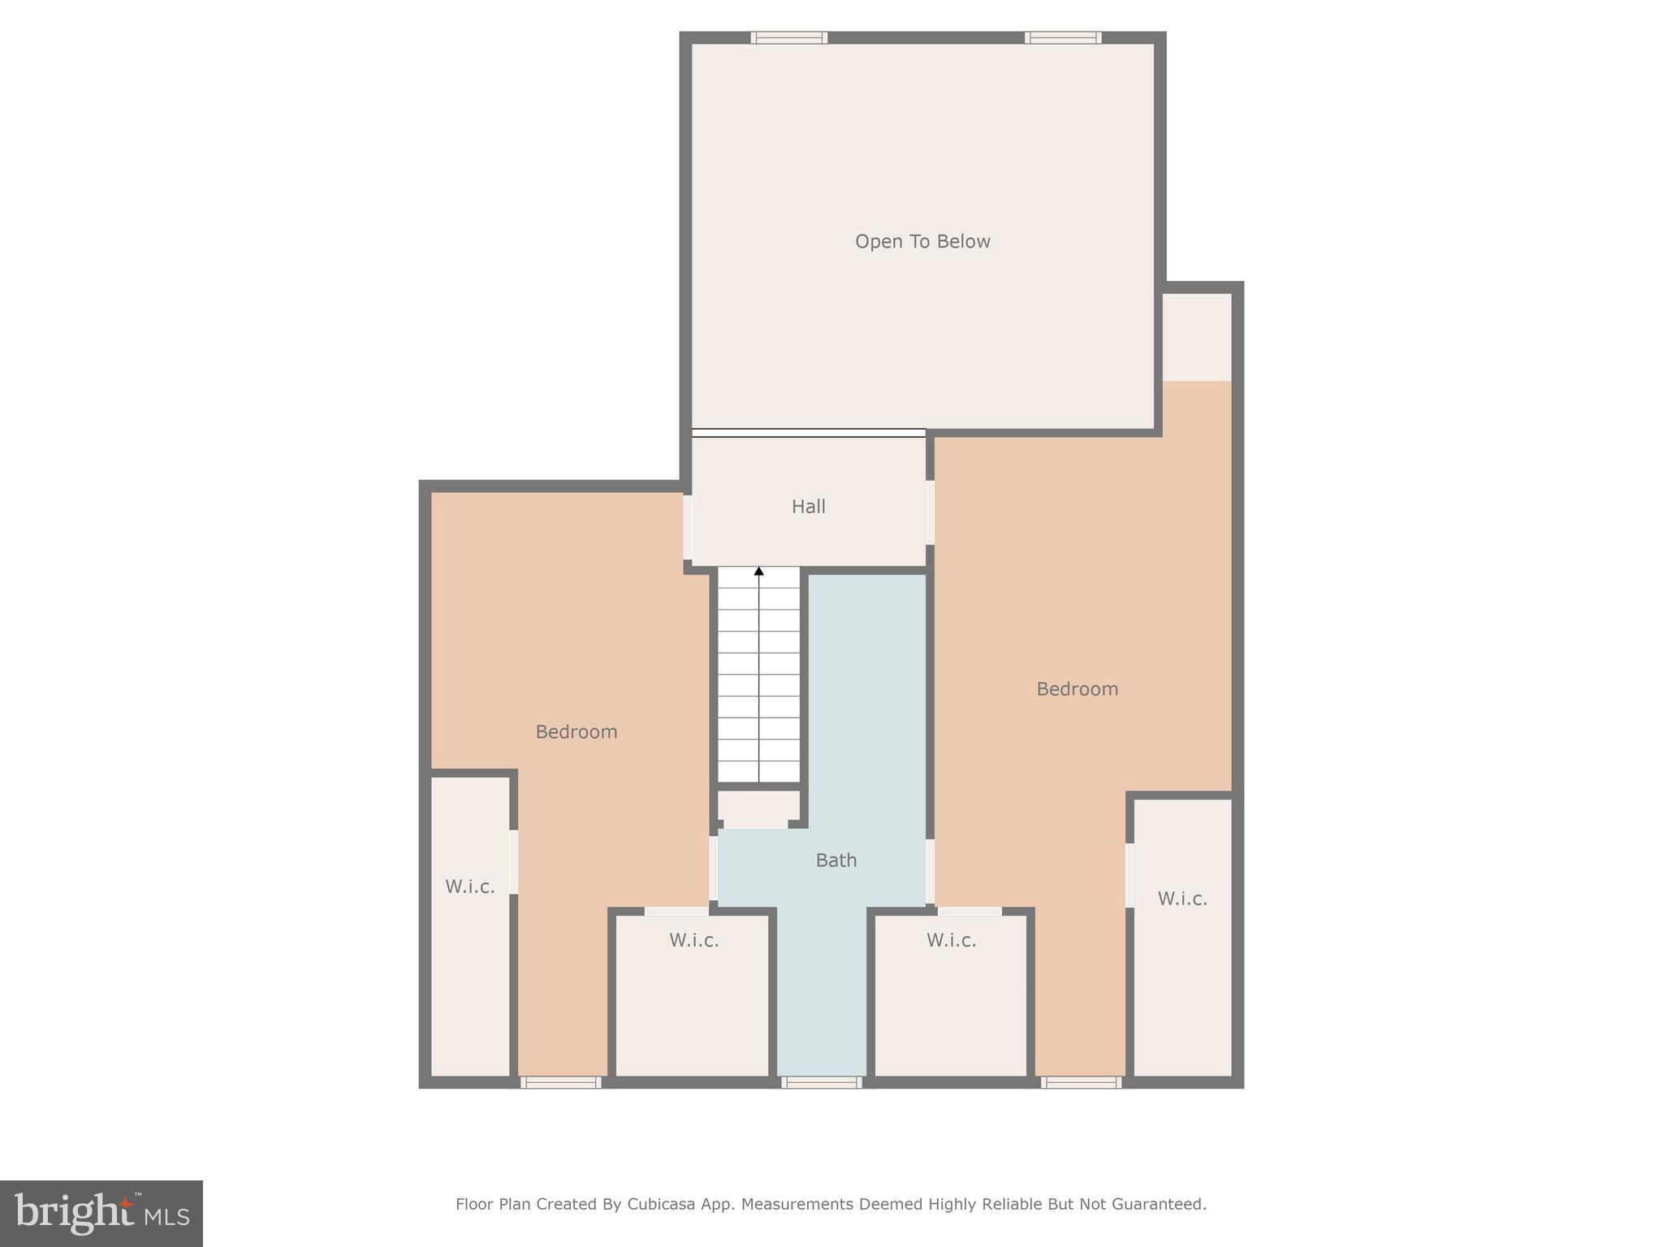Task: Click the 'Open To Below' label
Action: click(922, 241)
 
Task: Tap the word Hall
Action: click(808, 507)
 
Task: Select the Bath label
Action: click(836, 860)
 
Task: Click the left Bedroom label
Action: click(577, 731)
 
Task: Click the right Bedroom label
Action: click(1077, 688)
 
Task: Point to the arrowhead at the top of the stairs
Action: click(758, 572)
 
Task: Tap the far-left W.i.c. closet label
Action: click(469, 887)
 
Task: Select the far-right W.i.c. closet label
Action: click(1181, 899)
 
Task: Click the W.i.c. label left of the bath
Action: click(693, 940)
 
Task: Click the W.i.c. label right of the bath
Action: click(951, 940)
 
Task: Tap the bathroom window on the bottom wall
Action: click(821, 1082)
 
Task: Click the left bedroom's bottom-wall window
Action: click(560, 1082)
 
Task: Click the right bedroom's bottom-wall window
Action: click(1081, 1082)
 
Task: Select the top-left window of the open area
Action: click(788, 37)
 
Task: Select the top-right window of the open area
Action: click(1062, 37)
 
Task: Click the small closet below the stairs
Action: click(758, 806)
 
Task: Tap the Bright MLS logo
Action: click(102, 1213)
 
